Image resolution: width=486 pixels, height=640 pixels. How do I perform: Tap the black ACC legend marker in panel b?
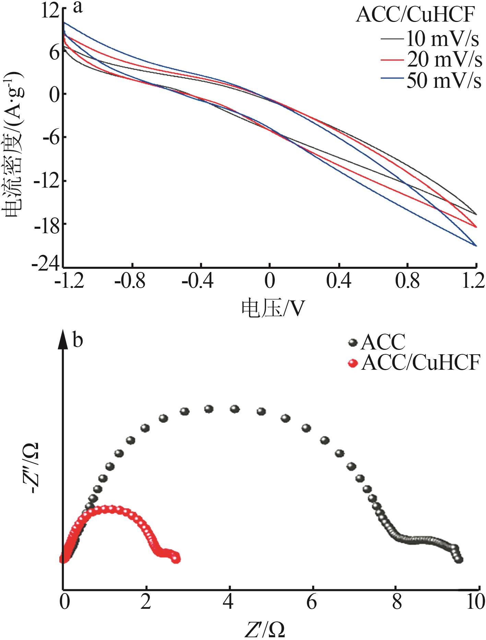tap(353, 342)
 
